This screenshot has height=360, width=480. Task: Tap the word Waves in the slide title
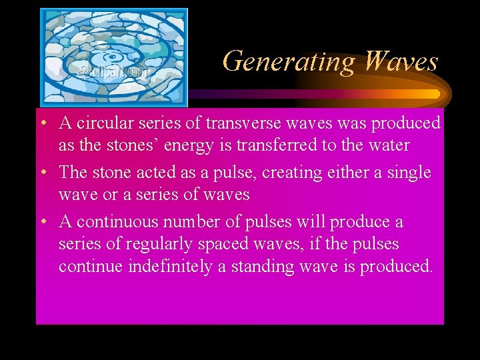[x=401, y=61]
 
